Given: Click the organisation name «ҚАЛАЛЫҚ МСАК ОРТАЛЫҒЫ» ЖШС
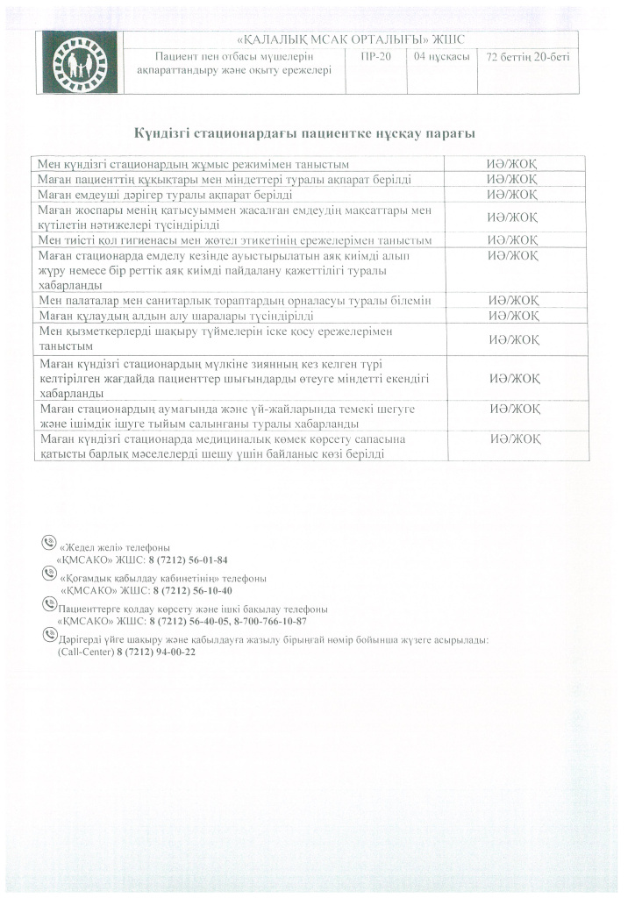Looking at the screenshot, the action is point(351,39).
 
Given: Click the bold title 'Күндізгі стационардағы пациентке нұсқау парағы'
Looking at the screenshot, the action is point(304,133).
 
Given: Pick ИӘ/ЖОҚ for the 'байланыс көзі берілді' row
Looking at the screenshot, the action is point(515,438).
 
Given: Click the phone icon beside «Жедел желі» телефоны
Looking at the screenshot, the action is point(49,543).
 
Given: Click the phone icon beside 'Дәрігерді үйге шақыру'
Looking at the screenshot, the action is point(49,638).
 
